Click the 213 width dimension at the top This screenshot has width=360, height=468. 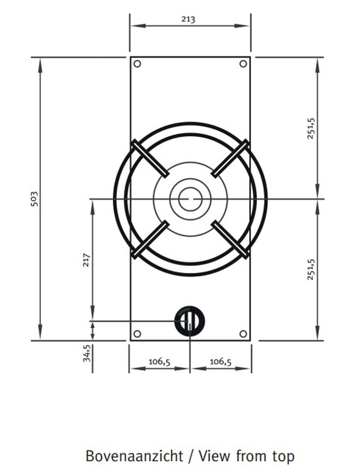[x=188, y=19]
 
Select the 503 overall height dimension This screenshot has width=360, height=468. [x=34, y=199]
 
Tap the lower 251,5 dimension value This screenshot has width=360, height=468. [x=312, y=268]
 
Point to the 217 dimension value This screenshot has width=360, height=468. [x=86, y=261]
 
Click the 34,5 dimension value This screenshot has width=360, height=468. [x=87, y=353]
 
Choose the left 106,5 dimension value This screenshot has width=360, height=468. [x=159, y=361]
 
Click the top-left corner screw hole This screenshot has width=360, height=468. [x=137, y=64]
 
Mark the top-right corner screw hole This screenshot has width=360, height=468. [x=243, y=64]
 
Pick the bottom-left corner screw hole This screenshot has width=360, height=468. [x=137, y=333]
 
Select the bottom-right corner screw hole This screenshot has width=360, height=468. [x=243, y=333]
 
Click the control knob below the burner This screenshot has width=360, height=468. [x=189, y=321]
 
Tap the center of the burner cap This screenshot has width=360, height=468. [x=190, y=199]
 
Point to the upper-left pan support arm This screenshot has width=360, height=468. [x=150, y=159]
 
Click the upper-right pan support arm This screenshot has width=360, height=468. [x=230, y=159]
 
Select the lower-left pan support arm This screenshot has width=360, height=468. [x=150, y=239]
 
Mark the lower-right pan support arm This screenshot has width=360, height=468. [x=230, y=239]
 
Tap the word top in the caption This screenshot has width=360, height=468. [x=282, y=457]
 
